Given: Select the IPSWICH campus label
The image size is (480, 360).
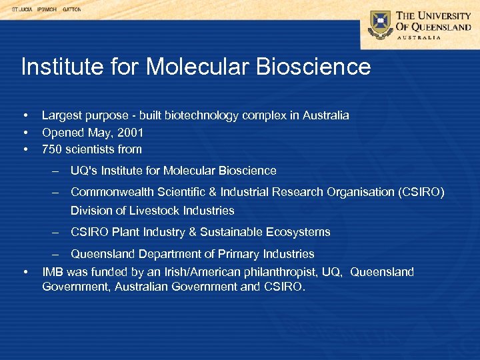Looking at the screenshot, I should coord(46,10).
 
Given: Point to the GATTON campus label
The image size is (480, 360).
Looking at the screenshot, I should coord(71,10).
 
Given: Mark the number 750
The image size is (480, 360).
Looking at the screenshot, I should coord(52,149).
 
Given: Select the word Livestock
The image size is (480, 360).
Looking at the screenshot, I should coord(149,211).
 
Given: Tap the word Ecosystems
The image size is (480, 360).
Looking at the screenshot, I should coord(298,232).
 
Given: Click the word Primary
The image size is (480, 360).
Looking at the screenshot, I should coord(228,254).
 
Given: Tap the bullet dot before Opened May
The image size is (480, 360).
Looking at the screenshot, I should coord(25,133).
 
